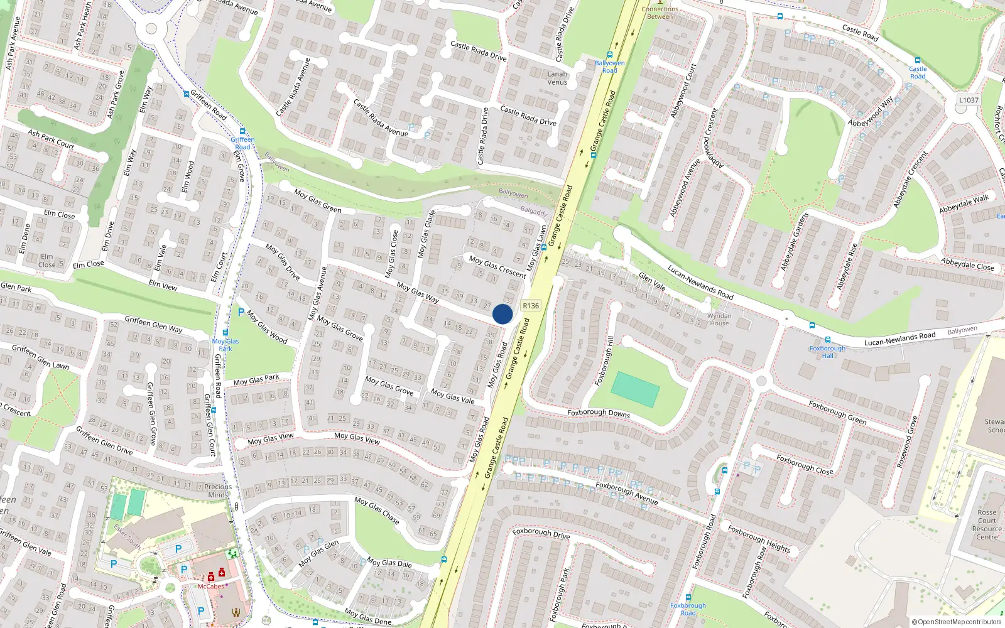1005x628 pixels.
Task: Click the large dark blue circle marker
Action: tap(503, 314)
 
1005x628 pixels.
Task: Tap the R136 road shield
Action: tap(531, 306)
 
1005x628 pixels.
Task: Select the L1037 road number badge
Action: tap(969, 100)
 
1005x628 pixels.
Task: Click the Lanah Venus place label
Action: tap(557, 78)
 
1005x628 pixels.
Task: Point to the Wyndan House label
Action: tap(719, 320)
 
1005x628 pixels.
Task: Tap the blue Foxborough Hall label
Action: tap(827, 352)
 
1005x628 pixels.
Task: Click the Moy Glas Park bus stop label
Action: tap(225, 345)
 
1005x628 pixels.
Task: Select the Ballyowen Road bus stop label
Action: tap(610, 67)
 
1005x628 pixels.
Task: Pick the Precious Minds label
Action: tap(218, 490)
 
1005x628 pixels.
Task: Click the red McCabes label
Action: tap(211, 587)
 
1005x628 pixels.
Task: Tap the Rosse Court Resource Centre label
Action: tap(987, 524)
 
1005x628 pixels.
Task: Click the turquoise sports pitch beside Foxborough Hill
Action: tap(635, 389)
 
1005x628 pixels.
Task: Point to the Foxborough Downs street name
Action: tap(599, 413)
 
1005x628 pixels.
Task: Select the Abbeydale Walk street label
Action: tap(964, 204)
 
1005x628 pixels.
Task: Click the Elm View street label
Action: tap(163, 285)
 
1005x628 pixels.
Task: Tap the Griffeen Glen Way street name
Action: tap(153, 324)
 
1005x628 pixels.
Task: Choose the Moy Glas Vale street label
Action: tap(452, 396)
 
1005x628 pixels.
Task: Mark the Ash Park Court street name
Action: tap(51, 139)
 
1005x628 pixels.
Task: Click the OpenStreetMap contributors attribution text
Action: tap(957, 622)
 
